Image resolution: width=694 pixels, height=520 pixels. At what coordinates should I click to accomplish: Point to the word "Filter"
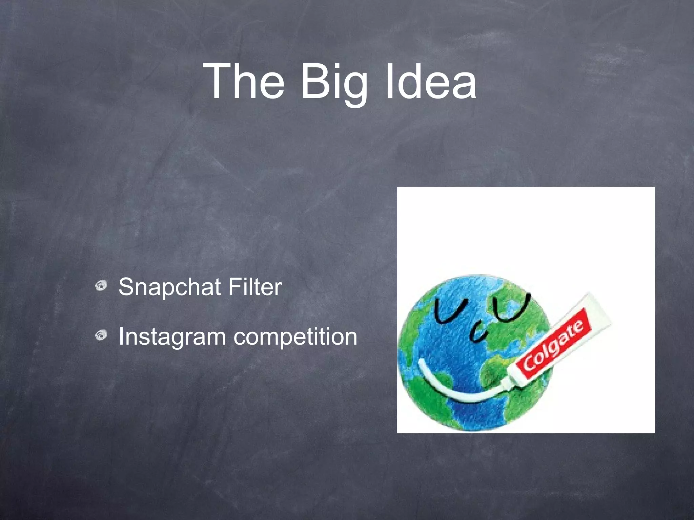tap(255, 287)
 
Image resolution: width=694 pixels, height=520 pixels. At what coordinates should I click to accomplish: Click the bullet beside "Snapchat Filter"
tap(101, 286)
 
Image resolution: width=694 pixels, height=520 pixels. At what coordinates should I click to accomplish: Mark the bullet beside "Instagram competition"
tap(101, 336)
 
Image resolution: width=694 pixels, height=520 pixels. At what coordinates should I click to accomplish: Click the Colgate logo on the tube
tap(554, 345)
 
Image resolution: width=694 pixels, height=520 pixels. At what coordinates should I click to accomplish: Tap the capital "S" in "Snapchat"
tap(127, 287)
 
